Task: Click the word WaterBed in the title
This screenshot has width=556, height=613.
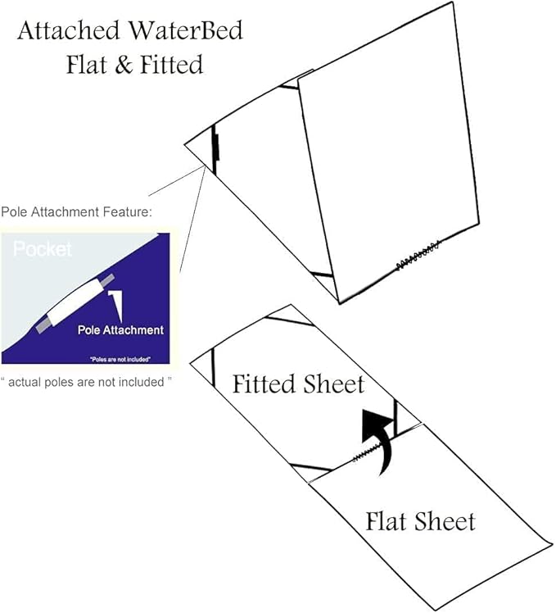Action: coord(186,30)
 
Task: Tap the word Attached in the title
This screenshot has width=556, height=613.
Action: coord(69,30)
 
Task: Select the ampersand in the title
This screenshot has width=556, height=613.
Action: coord(124,65)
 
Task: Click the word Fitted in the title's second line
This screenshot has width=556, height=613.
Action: coord(171,65)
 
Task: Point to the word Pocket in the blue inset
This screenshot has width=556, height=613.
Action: coord(43,249)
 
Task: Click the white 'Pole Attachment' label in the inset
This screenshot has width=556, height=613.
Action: coord(120,330)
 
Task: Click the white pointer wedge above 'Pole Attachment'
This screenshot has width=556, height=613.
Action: coord(117,305)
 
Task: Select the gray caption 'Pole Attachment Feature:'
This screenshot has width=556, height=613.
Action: coord(76,212)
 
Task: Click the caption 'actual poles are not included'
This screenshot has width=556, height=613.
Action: coord(86,382)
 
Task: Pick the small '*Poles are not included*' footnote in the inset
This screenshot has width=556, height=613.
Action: coord(120,359)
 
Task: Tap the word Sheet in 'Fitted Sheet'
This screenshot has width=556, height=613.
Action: coord(333,384)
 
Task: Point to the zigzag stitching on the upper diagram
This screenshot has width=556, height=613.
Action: coord(418,256)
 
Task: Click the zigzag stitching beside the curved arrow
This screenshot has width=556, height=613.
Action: coord(368,452)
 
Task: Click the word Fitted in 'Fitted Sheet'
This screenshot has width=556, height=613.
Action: coord(264,384)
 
